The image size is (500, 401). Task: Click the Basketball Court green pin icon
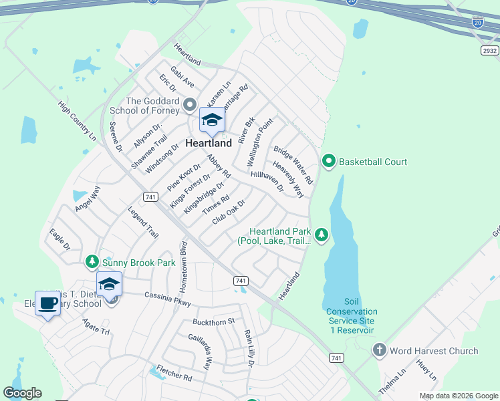pyautogui.click(x=328, y=161)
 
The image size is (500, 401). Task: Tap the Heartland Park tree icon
pyautogui.click(x=322, y=234)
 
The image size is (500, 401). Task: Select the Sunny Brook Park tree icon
pyautogui.click(x=92, y=263)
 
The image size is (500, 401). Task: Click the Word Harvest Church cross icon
pyautogui.click(x=379, y=350)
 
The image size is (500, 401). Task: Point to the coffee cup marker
pyautogui.click(x=47, y=303)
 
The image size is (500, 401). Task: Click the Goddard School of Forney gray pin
pyautogui.click(x=189, y=105)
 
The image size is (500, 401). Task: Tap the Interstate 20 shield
pyautogui.click(x=477, y=22)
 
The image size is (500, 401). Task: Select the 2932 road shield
pyautogui.click(x=490, y=51)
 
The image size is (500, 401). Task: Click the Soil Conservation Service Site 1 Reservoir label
pyautogui.click(x=352, y=316)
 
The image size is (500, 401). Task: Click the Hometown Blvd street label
pyautogui.click(x=184, y=267)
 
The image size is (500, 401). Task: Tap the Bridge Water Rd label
pyautogui.click(x=293, y=166)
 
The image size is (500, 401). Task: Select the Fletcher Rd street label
pyautogui.click(x=174, y=373)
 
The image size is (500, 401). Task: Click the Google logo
pyautogui.click(x=23, y=393)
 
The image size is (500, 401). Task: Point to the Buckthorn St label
pyautogui.click(x=214, y=321)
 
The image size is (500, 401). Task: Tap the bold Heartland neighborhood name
pyautogui.click(x=209, y=143)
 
